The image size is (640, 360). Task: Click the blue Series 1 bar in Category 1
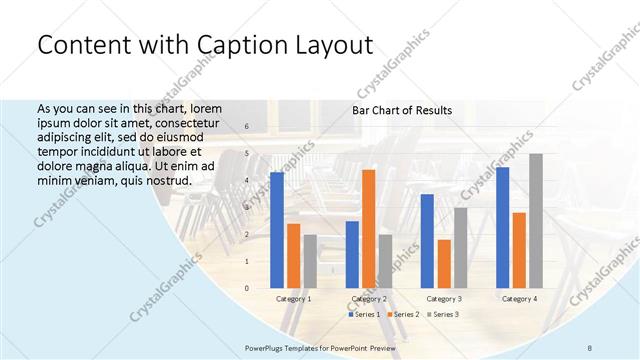(277, 230)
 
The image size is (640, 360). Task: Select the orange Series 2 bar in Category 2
(369, 229)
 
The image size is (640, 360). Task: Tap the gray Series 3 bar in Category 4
(536, 221)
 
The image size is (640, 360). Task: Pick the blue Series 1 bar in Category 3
(427, 241)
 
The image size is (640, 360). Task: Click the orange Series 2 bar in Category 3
(444, 264)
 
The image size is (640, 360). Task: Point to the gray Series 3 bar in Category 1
(310, 262)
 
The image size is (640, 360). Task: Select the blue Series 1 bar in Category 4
(502, 228)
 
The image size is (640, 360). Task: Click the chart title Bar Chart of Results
(402, 110)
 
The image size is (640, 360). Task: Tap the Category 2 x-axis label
(369, 299)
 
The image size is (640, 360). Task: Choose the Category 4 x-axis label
(519, 299)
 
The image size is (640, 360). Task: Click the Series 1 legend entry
(364, 314)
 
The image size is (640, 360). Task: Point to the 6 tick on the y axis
(247, 127)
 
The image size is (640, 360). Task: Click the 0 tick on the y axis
(247, 288)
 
